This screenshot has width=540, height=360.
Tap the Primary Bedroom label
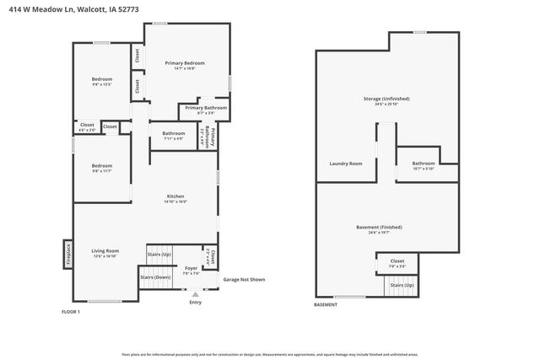[x=185, y=63]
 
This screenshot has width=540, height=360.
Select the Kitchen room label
[x=175, y=196]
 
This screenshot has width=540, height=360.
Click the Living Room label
[x=105, y=250]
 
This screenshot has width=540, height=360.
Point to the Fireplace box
[x=68, y=254]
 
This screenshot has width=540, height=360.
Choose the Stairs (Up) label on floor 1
[x=159, y=254]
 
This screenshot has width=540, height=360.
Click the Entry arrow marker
[x=196, y=294]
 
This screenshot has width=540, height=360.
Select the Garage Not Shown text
[x=243, y=279]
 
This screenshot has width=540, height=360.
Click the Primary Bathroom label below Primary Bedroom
[x=206, y=108]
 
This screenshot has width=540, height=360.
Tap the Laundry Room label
[x=344, y=163]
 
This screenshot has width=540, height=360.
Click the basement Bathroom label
[x=424, y=163]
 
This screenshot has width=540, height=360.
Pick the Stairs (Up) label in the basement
[x=402, y=285]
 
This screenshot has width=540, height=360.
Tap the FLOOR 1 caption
[x=71, y=312]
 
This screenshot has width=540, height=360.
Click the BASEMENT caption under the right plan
[x=326, y=304]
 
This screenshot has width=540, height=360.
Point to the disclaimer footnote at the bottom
[x=270, y=354]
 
